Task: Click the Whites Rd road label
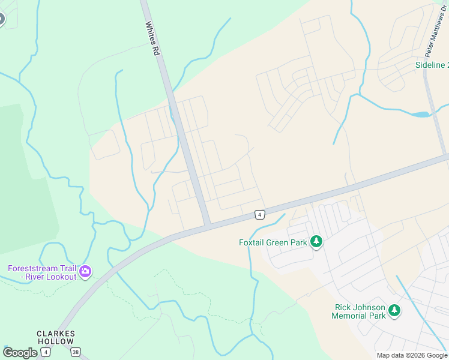click(x=152, y=39)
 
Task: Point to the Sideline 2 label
click(x=432, y=65)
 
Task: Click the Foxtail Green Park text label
click(x=273, y=243)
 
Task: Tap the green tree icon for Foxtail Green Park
click(x=316, y=242)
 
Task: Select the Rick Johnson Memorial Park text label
click(x=360, y=311)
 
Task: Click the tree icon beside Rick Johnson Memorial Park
click(x=394, y=311)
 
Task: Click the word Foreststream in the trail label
click(x=32, y=268)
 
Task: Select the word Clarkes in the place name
click(x=55, y=334)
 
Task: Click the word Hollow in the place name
click(x=55, y=341)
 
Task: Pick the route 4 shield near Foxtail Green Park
click(x=259, y=214)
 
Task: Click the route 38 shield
click(x=74, y=351)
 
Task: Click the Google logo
click(x=20, y=353)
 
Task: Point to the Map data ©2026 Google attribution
click(x=412, y=355)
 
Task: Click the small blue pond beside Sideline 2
click(x=421, y=114)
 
